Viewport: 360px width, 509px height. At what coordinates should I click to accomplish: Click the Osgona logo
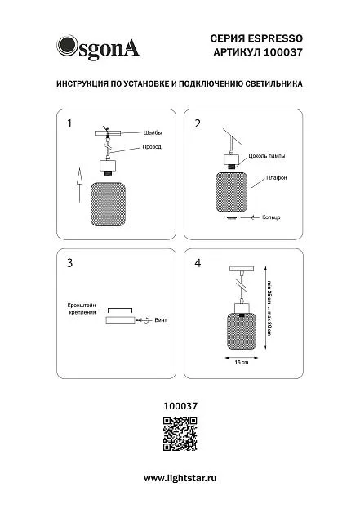98,47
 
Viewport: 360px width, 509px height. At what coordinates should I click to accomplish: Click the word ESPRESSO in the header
275,38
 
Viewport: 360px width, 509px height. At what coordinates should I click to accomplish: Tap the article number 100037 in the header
282,52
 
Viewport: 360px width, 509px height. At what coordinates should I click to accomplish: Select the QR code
180,434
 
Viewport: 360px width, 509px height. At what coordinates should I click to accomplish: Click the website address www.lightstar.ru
180,478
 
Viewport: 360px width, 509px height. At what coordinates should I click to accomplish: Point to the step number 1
69,123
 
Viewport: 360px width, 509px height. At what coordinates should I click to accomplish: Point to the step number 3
69,263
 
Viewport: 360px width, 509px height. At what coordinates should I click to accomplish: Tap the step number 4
198,263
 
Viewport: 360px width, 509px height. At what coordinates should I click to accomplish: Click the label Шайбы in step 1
153,132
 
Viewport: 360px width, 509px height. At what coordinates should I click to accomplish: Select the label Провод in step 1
152,147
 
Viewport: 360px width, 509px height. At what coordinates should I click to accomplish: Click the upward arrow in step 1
79,185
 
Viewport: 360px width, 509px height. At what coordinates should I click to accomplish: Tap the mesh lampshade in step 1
108,204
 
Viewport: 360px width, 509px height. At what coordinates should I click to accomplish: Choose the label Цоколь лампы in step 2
267,156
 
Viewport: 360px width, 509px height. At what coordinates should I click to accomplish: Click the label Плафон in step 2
276,178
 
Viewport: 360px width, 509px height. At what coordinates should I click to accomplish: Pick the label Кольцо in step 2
271,217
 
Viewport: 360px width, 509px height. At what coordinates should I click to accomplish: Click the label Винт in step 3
161,320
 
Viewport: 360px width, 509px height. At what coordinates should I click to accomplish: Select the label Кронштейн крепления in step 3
82,309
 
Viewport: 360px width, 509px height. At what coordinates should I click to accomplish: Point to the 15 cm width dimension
242,362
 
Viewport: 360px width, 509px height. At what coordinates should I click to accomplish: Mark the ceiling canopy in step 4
242,269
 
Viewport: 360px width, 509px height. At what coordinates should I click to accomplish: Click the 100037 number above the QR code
180,406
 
